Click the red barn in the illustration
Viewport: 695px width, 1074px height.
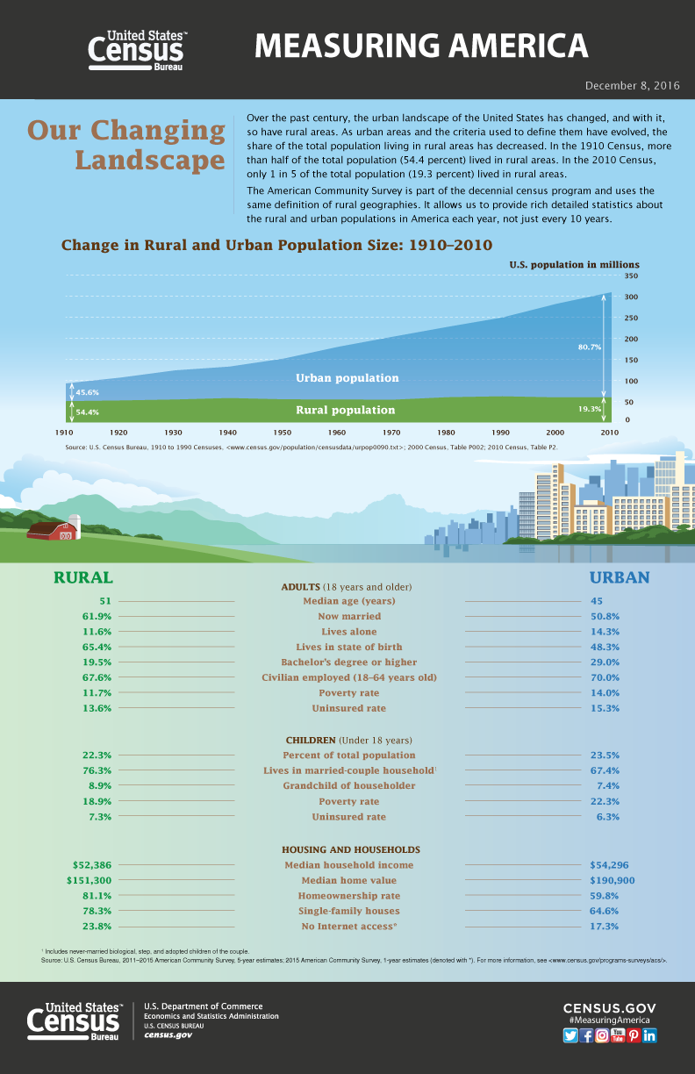coord(51,530)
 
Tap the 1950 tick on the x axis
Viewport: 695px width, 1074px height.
coord(282,433)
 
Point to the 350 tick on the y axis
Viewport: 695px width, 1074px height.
coord(630,276)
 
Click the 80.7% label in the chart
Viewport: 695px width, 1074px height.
coord(589,347)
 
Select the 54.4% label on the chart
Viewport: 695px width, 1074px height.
coord(87,411)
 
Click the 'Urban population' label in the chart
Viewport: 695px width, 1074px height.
coord(347,378)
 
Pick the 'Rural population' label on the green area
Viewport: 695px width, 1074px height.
coord(345,410)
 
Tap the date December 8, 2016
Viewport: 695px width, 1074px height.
coord(632,86)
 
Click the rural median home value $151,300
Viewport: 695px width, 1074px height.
coord(89,880)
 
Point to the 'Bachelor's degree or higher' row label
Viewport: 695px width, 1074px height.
coord(348,662)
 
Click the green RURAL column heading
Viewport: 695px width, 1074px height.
coord(83,577)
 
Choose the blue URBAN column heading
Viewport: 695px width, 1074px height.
coord(620,577)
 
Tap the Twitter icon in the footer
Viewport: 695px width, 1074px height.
coord(570,1035)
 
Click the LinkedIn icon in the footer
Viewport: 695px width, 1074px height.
coord(649,1035)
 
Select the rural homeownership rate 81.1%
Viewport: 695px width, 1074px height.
coord(96,896)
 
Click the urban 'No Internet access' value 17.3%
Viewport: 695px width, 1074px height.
coord(605,927)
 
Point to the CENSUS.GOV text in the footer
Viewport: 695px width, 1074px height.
coord(609,1007)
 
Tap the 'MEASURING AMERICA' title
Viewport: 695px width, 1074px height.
coord(421,46)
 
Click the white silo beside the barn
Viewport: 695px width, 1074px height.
coord(75,524)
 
